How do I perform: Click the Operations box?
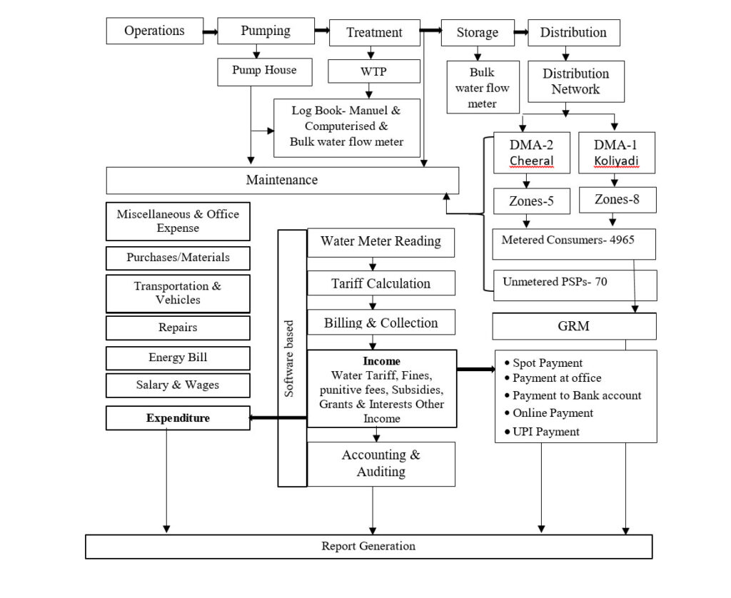tap(153, 31)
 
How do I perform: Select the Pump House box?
tap(263, 71)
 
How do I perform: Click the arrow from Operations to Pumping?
tap(209, 32)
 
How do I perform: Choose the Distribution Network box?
tap(575, 81)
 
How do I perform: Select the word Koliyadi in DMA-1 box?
tap(615, 161)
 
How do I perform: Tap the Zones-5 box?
tap(532, 201)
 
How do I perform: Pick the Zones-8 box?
tap(615, 200)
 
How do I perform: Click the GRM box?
tap(574, 326)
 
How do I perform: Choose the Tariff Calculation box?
tap(380, 283)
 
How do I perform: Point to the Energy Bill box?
tap(178, 357)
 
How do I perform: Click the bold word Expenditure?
tap(178, 418)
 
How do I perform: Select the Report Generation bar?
tap(368, 547)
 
